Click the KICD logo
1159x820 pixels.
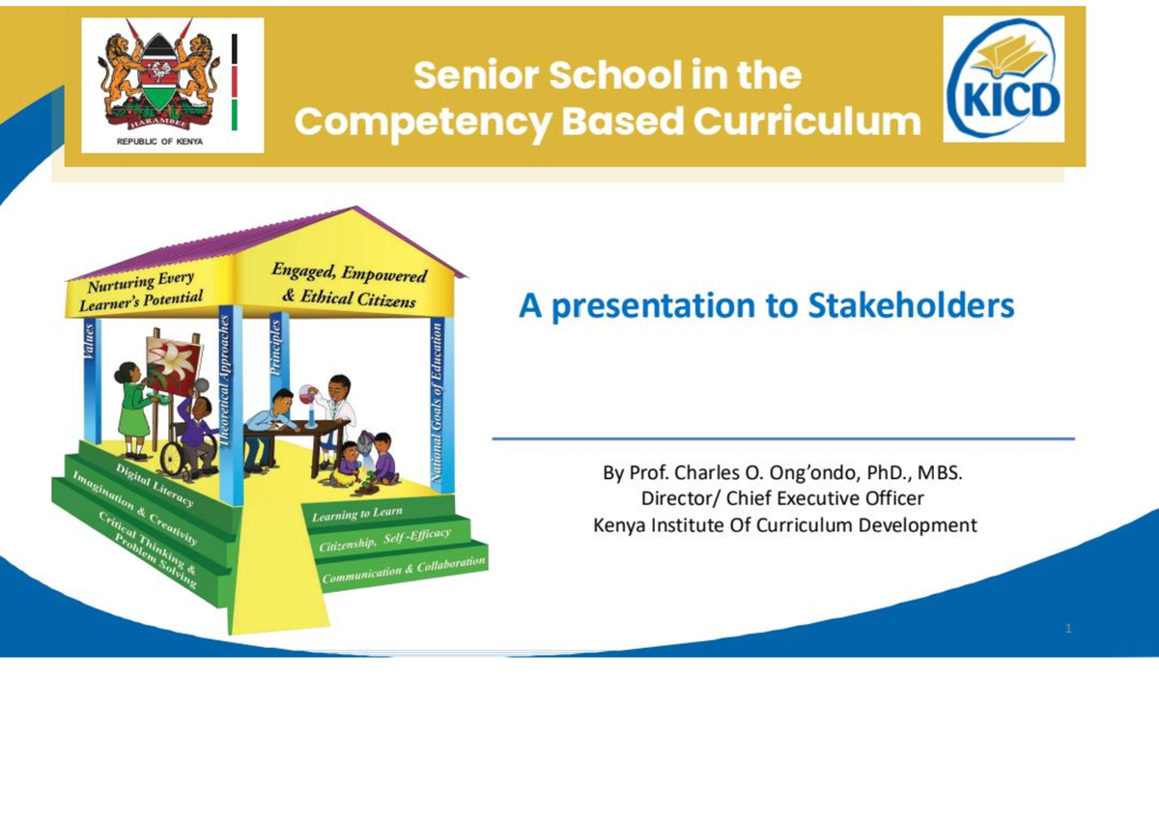tap(1004, 79)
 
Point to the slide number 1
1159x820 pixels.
tap(1068, 630)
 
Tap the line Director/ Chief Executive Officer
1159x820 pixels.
tap(782, 499)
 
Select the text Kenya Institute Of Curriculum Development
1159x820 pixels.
tap(784, 525)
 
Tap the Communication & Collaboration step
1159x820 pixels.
tap(404, 570)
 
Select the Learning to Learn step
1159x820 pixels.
tap(357, 515)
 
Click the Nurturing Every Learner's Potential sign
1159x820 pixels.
tap(143, 292)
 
